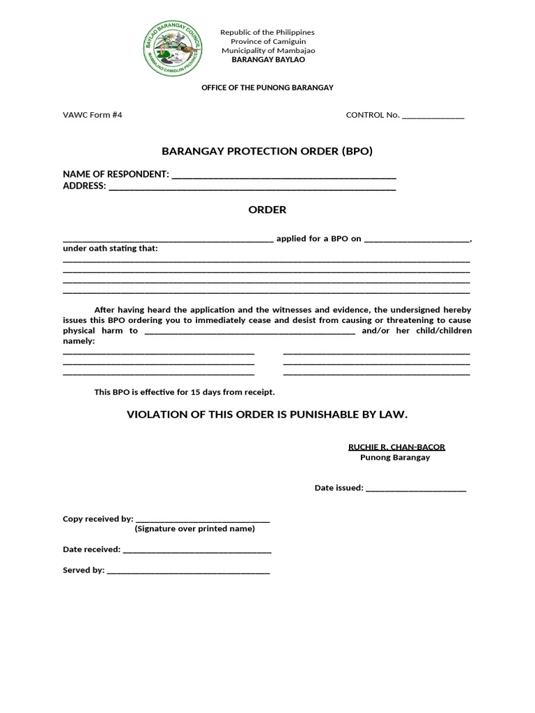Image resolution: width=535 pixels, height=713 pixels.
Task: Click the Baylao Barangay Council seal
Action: (x=171, y=47)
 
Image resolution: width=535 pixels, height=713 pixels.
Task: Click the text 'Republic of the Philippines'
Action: (x=267, y=32)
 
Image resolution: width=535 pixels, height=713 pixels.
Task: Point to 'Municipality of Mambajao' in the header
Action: (x=267, y=51)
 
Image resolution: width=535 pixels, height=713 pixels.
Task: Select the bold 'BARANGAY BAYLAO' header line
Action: (x=267, y=60)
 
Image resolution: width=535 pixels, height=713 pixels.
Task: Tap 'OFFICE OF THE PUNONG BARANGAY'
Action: (x=267, y=88)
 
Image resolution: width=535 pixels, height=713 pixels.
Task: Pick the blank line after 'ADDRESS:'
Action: (x=252, y=187)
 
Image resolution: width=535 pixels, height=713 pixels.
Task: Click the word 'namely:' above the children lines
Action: (x=79, y=341)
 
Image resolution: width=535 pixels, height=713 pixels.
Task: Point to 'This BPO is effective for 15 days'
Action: (x=185, y=392)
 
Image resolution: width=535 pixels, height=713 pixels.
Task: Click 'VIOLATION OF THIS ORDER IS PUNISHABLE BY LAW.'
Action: (x=267, y=415)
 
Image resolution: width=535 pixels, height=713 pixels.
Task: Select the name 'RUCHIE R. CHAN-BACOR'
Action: (x=396, y=447)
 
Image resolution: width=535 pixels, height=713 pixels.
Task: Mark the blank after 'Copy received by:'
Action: (x=202, y=519)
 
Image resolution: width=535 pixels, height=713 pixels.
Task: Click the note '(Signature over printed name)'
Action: (x=194, y=528)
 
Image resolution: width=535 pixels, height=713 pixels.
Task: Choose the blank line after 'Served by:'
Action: (x=188, y=571)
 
